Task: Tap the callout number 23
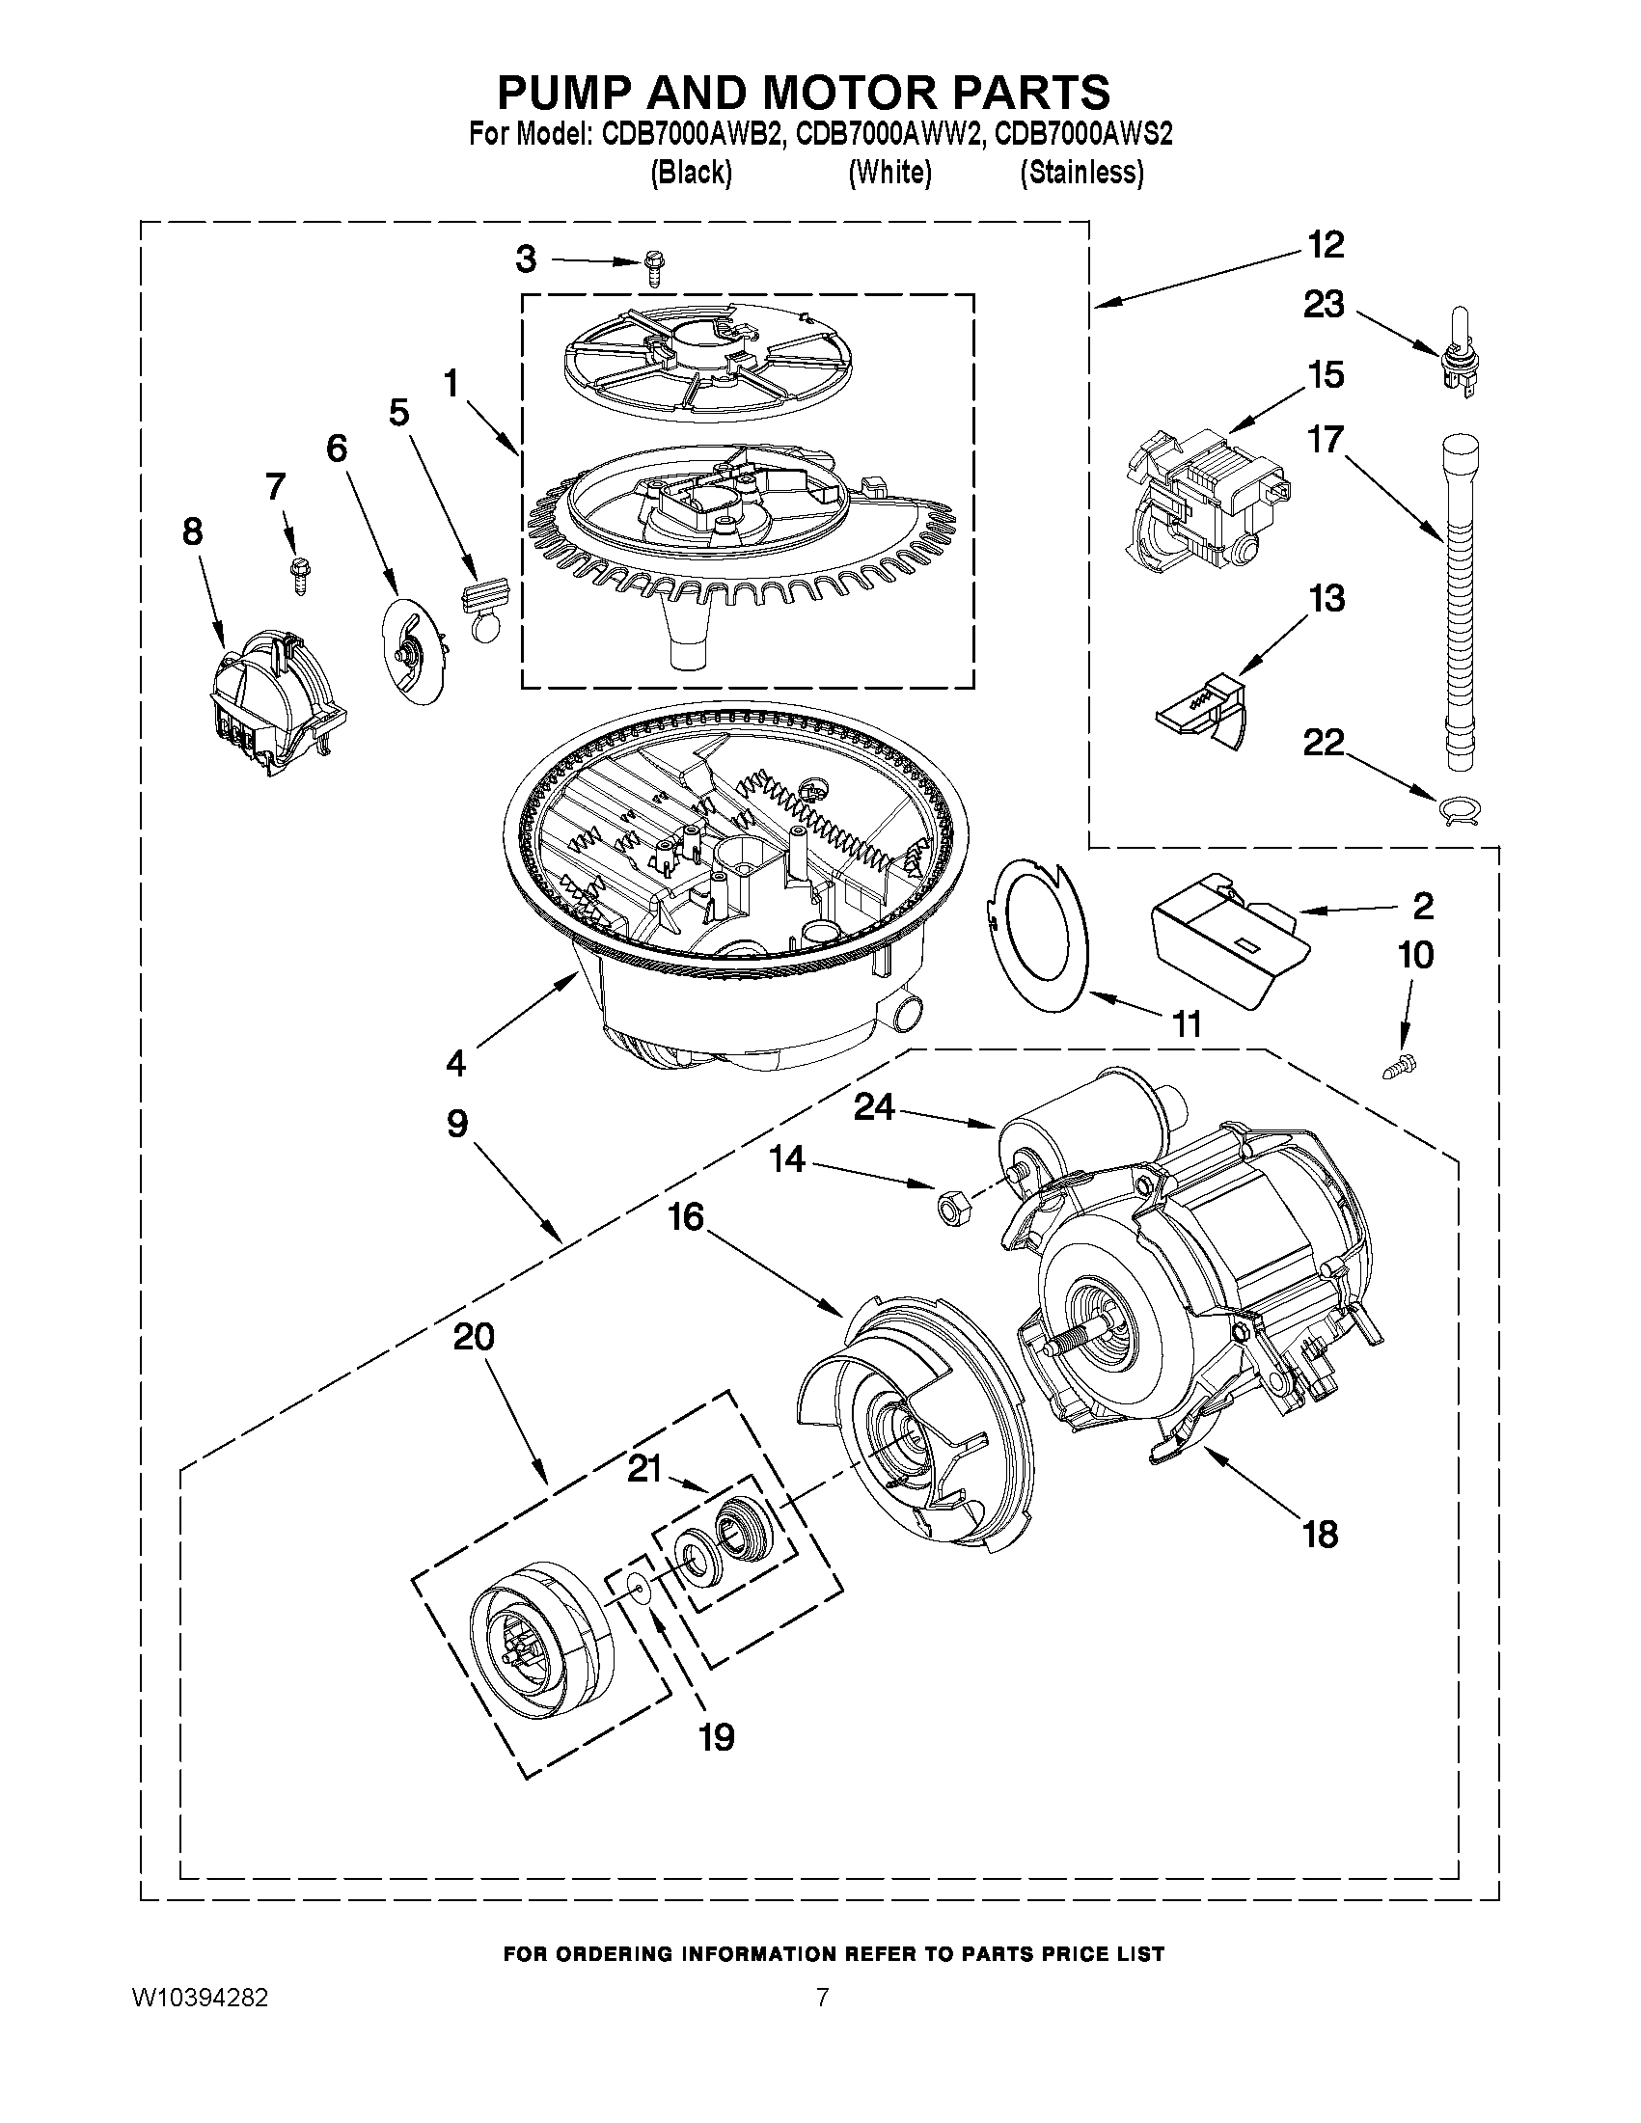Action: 1323,305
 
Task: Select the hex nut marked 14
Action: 942,1207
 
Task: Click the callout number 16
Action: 686,1216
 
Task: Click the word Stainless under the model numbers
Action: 1081,173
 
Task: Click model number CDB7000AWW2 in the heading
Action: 889,133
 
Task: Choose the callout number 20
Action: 474,1337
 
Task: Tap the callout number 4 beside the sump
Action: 455,1063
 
